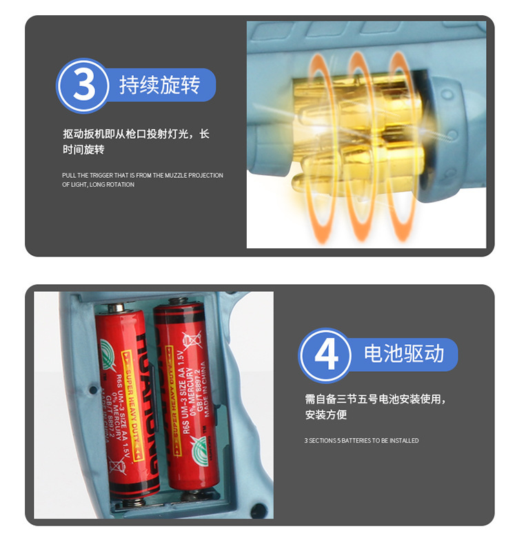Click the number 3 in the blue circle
[x=83, y=86]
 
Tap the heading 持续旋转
[x=159, y=86]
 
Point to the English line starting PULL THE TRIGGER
[x=142, y=175]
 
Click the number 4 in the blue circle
[x=325, y=356]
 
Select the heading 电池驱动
[x=403, y=355]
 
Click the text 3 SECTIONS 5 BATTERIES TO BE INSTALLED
[x=361, y=440]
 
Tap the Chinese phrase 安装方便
[x=325, y=415]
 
